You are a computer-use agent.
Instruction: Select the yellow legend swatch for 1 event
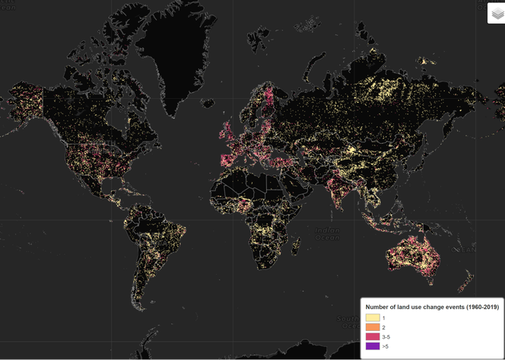tap(373, 317)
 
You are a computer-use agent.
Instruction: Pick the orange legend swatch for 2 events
tap(373, 327)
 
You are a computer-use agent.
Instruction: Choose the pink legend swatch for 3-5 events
tap(373, 336)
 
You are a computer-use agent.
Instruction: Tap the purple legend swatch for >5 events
tap(373, 346)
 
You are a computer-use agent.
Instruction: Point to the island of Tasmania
tap(430, 288)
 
